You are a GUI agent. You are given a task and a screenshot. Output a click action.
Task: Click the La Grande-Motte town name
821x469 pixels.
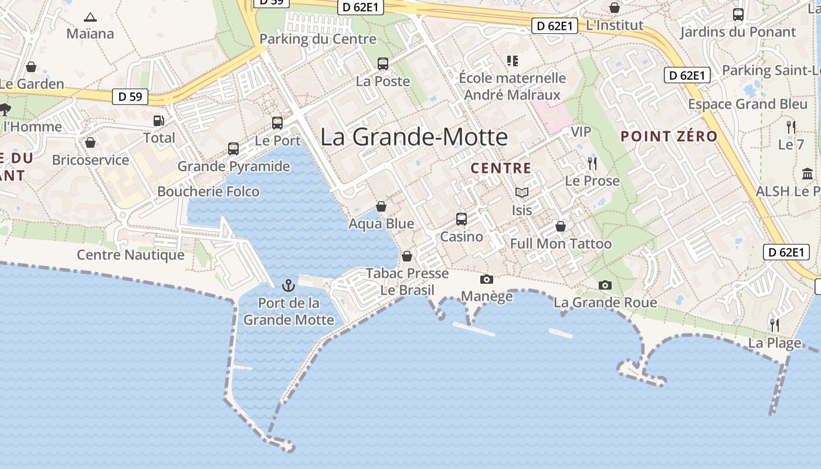(x=414, y=137)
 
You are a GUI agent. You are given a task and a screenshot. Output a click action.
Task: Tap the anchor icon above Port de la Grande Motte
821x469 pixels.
(x=288, y=286)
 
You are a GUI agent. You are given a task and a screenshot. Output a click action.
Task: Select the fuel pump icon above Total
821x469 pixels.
(x=159, y=121)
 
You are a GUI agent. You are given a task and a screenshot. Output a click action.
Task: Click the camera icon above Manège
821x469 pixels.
(x=487, y=279)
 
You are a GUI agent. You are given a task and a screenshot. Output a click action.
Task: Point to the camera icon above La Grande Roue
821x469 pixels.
(x=605, y=286)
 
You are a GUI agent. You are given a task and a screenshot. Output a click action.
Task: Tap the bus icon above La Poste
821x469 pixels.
(x=383, y=64)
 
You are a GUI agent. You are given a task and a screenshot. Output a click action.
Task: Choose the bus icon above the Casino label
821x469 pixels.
(x=462, y=219)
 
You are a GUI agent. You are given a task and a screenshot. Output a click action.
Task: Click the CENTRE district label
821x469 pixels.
(x=501, y=169)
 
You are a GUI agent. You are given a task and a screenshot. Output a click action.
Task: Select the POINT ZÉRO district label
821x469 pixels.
(x=669, y=137)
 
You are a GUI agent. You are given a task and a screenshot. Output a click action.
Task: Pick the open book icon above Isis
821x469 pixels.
(x=522, y=192)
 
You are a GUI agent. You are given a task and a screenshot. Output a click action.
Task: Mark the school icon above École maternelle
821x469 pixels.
(x=513, y=60)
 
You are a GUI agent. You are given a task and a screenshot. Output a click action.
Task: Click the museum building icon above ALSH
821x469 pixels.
(x=807, y=174)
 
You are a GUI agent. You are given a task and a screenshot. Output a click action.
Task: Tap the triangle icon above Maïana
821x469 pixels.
(x=90, y=17)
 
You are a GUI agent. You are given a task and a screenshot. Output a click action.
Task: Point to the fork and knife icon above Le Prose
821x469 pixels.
(x=592, y=163)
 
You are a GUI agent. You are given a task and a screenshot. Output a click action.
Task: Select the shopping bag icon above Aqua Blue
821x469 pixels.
(x=381, y=206)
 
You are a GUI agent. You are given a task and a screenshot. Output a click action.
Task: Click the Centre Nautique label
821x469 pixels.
(x=131, y=255)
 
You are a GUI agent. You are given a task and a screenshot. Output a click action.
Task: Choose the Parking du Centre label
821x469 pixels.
(x=318, y=39)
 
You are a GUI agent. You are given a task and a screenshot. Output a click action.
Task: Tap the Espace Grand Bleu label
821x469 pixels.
(x=748, y=104)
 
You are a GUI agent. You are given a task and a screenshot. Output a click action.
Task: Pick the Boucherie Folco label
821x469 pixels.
(x=208, y=192)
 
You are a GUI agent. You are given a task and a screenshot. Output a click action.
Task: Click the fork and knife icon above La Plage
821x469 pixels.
(x=775, y=325)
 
